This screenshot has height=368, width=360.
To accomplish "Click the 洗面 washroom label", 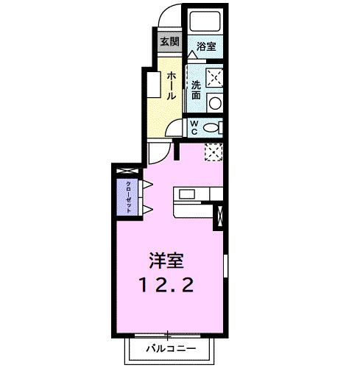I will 196,90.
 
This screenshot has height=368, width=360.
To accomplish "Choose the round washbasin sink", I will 215,103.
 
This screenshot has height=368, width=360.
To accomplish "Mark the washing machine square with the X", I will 215,77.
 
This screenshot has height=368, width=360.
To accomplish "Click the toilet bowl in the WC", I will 212,127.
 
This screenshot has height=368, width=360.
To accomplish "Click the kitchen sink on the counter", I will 185,194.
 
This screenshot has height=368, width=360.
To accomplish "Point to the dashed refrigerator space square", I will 212,152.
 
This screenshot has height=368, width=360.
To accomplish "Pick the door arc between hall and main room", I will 158,152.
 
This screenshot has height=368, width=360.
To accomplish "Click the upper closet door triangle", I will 147,183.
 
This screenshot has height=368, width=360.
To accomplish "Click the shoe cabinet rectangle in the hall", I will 152,83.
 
